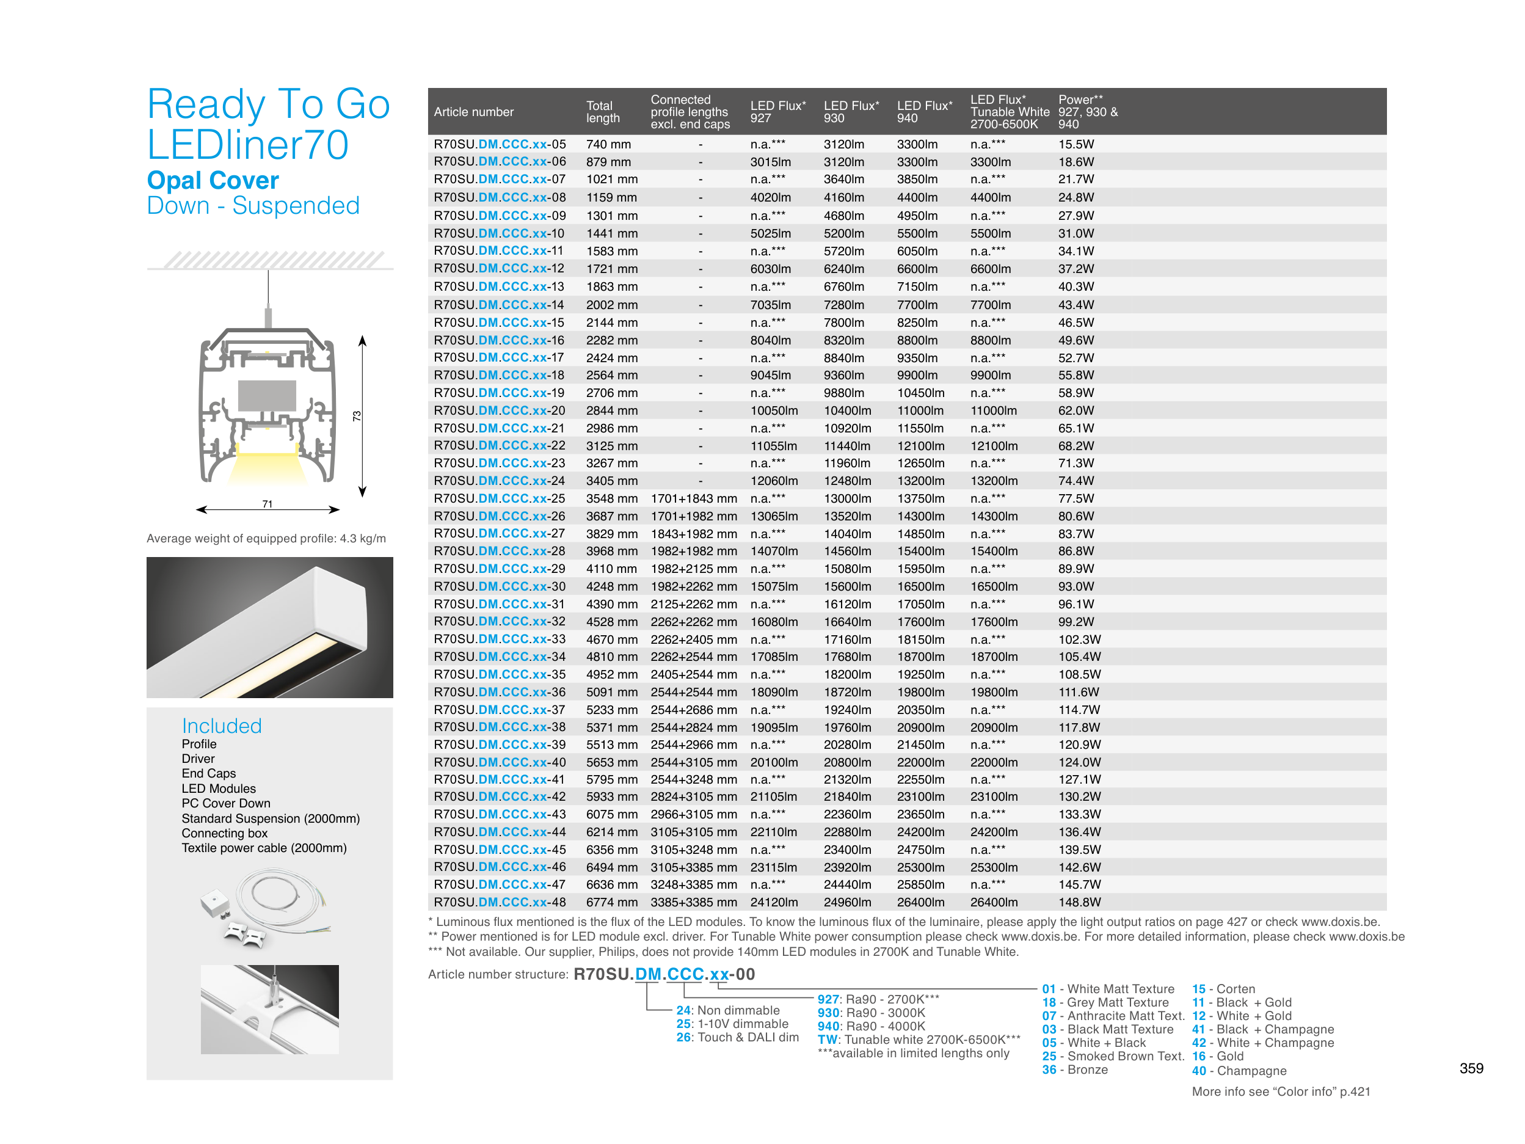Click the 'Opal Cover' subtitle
(x=213, y=181)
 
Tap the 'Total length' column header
(x=603, y=112)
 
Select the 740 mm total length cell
(x=608, y=145)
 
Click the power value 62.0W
(x=1076, y=411)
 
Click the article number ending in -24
(x=498, y=481)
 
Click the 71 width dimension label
(x=267, y=504)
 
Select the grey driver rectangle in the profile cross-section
(x=267, y=395)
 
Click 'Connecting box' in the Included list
(x=224, y=833)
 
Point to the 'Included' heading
(x=221, y=726)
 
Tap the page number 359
(x=1471, y=1068)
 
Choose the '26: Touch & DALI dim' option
(x=737, y=1037)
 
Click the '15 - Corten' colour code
(x=1223, y=989)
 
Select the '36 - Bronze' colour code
(x=1075, y=1069)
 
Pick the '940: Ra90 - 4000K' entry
(x=872, y=1026)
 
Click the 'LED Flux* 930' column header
(x=851, y=112)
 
